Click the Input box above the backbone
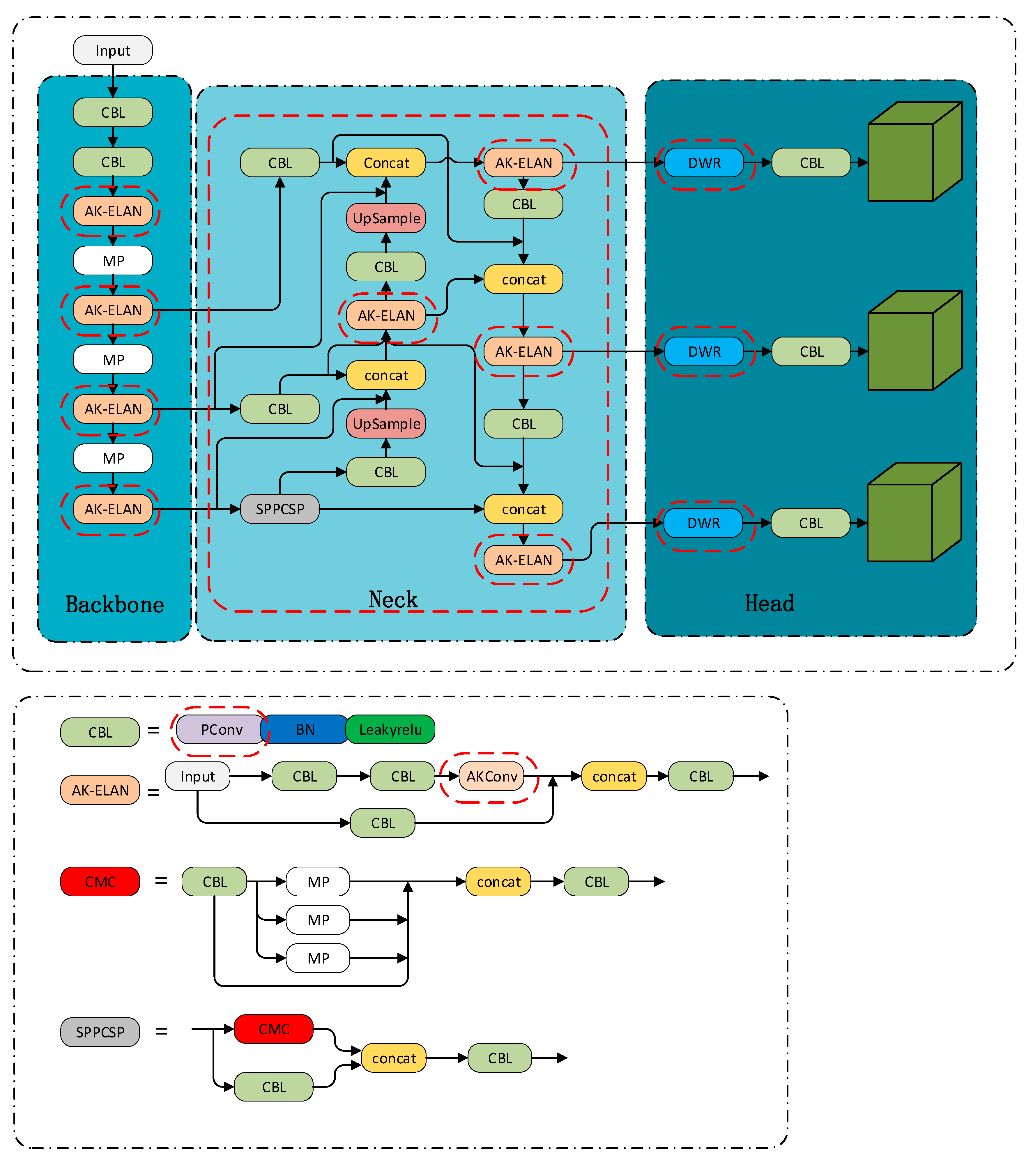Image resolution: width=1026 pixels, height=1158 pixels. point(113,50)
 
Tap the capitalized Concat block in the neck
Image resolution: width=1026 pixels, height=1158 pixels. point(386,162)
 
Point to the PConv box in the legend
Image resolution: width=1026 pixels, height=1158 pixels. point(221,730)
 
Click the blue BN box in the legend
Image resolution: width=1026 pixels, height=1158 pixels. point(305,730)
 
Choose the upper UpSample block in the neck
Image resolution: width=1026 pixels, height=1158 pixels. point(386,218)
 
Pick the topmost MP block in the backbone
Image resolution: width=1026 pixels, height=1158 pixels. point(113,261)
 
